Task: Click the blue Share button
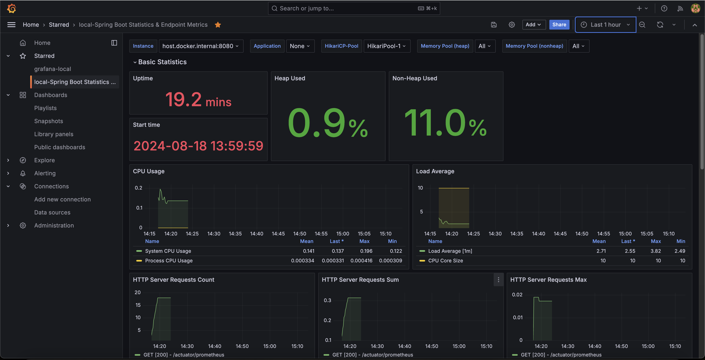pyautogui.click(x=559, y=25)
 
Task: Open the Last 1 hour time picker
pyautogui.click(x=605, y=25)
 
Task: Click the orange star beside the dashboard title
pyautogui.click(x=218, y=25)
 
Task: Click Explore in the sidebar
pyautogui.click(x=44, y=160)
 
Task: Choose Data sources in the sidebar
pyautogui.click(x=52, y=213)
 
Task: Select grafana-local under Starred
pyautogui.click(x=53, y=69)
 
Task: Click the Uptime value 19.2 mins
pyautogui.click(x=198, y=99)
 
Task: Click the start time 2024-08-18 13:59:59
pyautogui.click(x=198, y=146)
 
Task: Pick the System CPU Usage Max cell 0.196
pyautogui.click(x=366, y=251)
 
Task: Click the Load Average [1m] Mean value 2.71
pyautogui.click(x=601, y=251)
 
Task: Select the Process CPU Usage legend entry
pyautogui.click(x=164, y=261)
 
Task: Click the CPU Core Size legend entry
pyautogui.click(x=441, y=261)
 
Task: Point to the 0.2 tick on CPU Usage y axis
pyautogui.click(x=139, y=188)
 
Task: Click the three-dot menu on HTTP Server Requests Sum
pyautogui.click(x=498, y=279)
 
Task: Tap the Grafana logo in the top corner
pyautogui.click(x=11, y=9)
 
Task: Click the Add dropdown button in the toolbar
pyautogui.click(x=534, y=25)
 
